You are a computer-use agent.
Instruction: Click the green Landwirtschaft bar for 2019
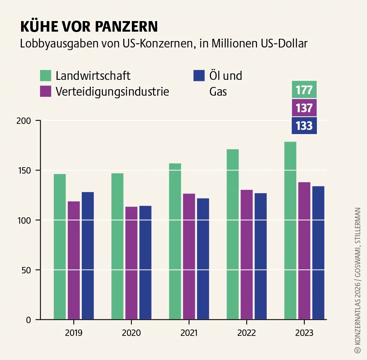click(60, 247)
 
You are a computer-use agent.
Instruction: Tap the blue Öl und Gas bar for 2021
click(203, 259)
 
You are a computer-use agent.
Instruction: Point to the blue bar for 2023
click(318, 253)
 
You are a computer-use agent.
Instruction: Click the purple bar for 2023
click(304, 251)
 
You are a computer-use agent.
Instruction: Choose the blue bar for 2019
click(88, 256)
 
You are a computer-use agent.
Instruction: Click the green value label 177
click(304, 90)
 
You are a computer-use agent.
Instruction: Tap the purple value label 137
click(304, 108)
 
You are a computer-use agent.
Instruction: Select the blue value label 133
click(304, 125)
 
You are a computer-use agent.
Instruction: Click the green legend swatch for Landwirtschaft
click(46, 75)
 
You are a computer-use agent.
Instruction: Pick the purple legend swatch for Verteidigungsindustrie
click(46, 92)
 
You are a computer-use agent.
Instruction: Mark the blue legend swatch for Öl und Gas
click(199, 75)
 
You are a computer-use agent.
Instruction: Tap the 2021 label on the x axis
click(189, 333)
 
